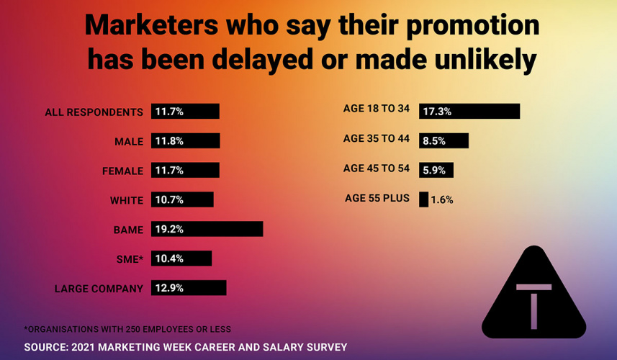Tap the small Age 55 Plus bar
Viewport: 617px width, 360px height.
(x=423, y=199)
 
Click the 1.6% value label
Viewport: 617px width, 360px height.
(x=442, y=200)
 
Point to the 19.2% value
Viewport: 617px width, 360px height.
(x=169, y=230)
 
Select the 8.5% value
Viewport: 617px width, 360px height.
(x=434, y=141)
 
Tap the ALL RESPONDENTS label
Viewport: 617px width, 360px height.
(x=94, y=112)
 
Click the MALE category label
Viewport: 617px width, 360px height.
(x=129, y=142)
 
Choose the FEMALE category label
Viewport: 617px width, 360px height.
(x=123, y=171)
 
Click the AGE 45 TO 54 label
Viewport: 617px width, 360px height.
(x=376, y=168)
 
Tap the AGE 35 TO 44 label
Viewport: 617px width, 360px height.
(x=376, y=138)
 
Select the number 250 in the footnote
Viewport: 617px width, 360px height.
(x=125, y=329)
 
